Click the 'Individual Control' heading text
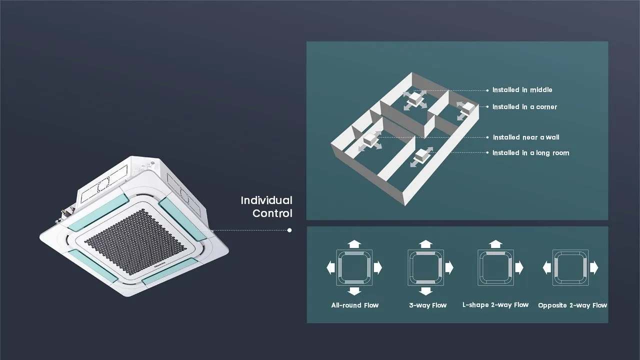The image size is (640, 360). pos(266,207)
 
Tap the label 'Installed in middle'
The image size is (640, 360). pos(522,90)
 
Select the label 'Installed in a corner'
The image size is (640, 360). pos(525,107)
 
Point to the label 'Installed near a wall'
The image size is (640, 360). pos(526,137)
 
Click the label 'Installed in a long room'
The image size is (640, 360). pos(531,153)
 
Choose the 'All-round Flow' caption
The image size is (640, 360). pos(355,305)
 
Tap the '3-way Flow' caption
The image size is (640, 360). pos(427,305)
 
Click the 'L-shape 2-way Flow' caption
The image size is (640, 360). pos(495,305)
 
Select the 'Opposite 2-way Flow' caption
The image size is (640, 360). pos(572,305)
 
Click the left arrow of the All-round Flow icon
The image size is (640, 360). pos(331,267)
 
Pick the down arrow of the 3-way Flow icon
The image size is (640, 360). pos(425,291)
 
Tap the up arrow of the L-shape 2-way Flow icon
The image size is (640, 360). pos(495,244)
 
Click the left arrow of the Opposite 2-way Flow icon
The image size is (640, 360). pos(547,267)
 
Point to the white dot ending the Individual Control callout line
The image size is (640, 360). pos(289,230)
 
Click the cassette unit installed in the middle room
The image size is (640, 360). pos(414,99)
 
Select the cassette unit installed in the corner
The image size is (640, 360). pos(468,109)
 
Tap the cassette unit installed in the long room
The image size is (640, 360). pos(421,155)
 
